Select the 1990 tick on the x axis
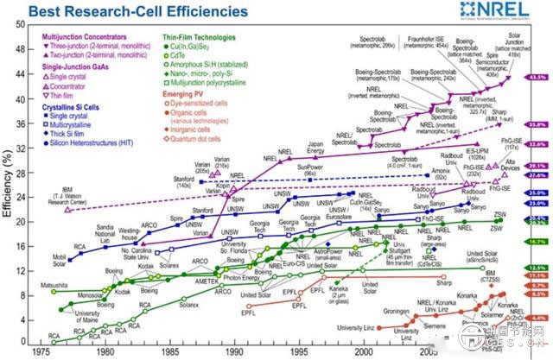(232, 352)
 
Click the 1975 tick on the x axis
(39, 352)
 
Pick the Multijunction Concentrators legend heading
(81, 39)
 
